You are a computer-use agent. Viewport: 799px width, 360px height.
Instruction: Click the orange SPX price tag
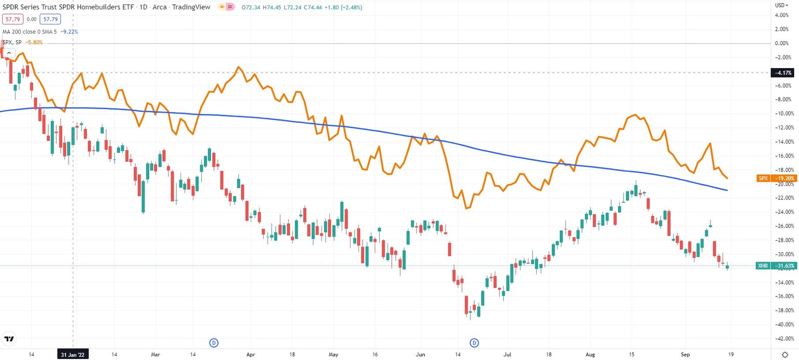(777, 178)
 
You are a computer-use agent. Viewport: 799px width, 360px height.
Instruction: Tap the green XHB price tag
(777, 266)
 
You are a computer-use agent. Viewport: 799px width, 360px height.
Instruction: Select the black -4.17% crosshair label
(784, 72)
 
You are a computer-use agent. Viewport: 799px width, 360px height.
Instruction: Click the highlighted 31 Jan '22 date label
(72, 354)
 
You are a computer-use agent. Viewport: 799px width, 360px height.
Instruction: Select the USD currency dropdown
(781, 5)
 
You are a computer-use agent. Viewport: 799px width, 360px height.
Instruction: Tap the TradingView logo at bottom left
(9, 339)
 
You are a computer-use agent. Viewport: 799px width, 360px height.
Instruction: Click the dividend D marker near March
(213, 342)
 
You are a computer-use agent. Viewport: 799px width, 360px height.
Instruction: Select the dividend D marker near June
(474, 342)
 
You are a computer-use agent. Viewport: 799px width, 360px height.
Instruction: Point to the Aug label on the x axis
(589, 354)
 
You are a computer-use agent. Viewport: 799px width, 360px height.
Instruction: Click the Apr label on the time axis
(251, 354)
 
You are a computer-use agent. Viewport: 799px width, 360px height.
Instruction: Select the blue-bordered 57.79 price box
(51, 19)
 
